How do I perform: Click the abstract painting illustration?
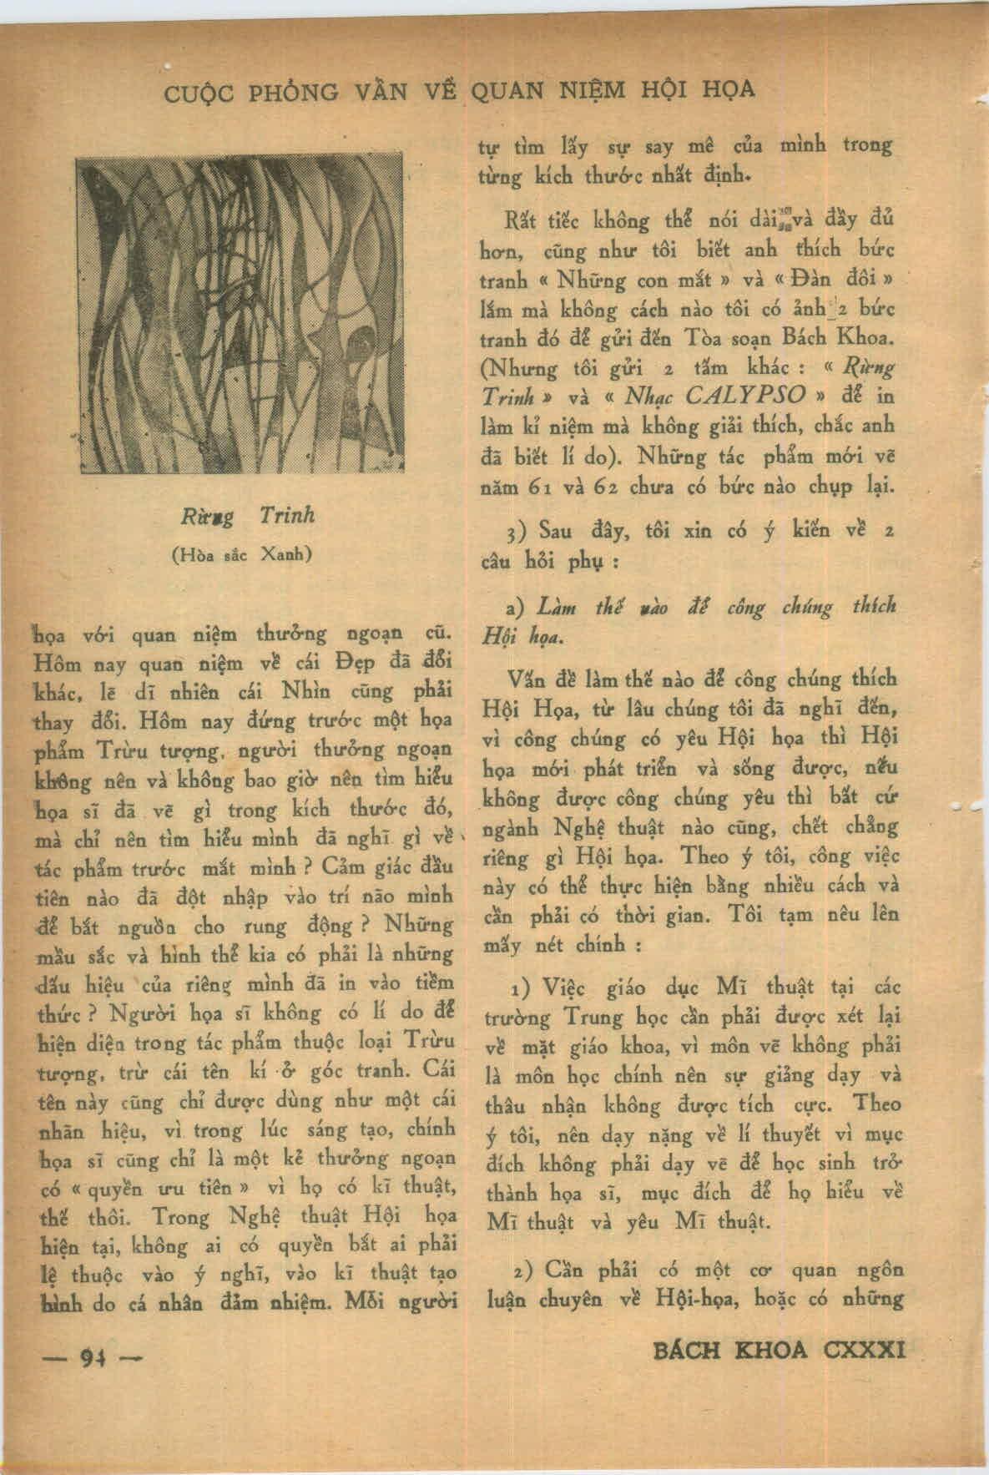[240, 315]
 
